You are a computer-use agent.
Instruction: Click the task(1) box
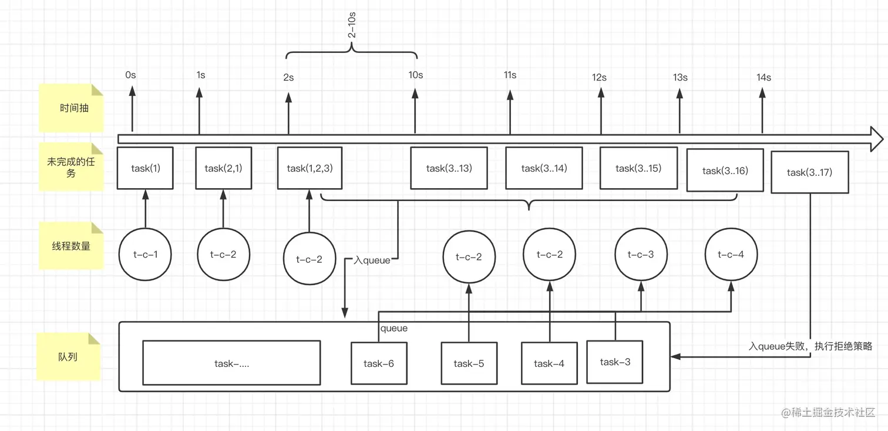pyautogui.click(x=145, y=168)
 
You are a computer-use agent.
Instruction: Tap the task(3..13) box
pyautogui.click(x=449, y=168)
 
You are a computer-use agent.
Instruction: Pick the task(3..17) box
pyautogui.click(x=809, y=172)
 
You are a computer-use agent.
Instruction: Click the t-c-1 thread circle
pyautogui.click(x=145, y=255)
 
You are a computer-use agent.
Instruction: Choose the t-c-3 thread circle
pyautogui.click(x=641, y=255)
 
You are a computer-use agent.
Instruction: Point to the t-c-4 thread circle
pyautogui.click(x=732, y=255)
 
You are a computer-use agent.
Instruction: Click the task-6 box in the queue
pyautogui.click(x=378, y=363)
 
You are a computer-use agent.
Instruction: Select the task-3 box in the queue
pyautogui.click(x=615, y=362)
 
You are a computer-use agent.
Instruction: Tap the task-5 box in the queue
pyautogui.click(x=469, y=363)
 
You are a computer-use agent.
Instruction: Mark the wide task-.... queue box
pyautogui.click(x=231, y=363)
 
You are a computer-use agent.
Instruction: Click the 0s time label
pyautogui.click(x=130, y=75)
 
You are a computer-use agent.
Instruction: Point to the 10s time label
pyautogui.click(x=415, y=75)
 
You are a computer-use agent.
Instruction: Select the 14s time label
pyautogui.click(x=763, y=77)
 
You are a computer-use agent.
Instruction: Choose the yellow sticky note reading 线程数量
pyautogui.click(x=71, y=246)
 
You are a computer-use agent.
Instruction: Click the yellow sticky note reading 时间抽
pyautogui.click(x=71, y=108)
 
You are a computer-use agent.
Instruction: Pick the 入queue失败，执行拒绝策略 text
pyautogui.click(x=810, y=346)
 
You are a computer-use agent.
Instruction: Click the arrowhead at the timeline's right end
pyautogui.click(x=877, y=139)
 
